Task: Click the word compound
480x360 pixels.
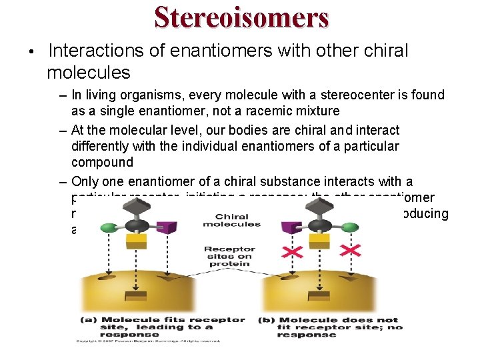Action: click(x=102, y=162)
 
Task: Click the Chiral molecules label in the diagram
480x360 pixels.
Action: click(x=232, y=221)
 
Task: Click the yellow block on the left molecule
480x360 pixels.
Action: click(x=136, y=240)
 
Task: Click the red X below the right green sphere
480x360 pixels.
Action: click(x=351, y=250)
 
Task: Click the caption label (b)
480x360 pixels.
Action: click(x=266, y=320)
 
